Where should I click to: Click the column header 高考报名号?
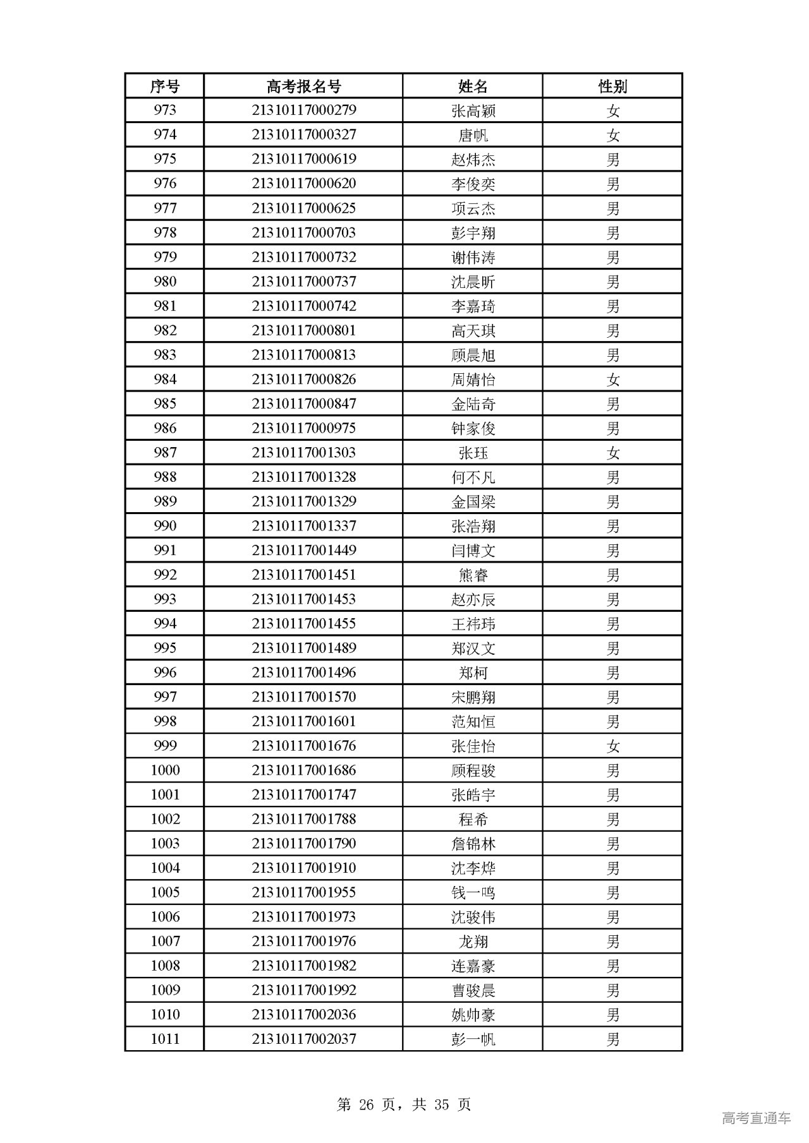(x=303, y=86)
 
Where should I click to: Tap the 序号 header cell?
(x=164, y=86)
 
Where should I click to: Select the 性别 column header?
(x=612, y=86)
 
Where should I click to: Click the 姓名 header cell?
(x=473, y=86)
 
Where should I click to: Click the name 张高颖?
(x=473, y=111)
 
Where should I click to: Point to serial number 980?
(x=164, y=282)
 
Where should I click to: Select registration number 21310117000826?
(x=303, y=380)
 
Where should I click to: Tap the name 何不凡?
(x=473, y=477)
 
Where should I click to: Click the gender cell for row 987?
(x=612, y=453)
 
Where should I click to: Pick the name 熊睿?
(x=473, y=575)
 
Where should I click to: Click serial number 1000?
(x=164, y=770)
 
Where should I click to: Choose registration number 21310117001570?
(x=303, y=697)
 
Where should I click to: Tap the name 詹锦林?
(x=473, y=844)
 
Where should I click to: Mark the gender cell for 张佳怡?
(x=612, y=746)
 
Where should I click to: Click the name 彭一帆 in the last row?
(x=473, y=1039)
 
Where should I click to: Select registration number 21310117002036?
(x=303, y=1015)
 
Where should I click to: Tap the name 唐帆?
(x=473, y=135)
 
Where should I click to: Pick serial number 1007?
(x=164, y=942)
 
